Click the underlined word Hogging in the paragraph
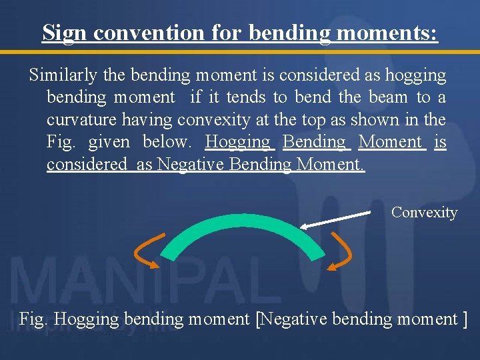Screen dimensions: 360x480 (238, 142)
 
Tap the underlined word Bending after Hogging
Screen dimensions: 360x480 (314, 142)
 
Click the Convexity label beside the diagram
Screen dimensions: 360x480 (424, 213)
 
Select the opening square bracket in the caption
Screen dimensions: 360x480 (259, 319)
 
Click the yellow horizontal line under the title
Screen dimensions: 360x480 (240, 51)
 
